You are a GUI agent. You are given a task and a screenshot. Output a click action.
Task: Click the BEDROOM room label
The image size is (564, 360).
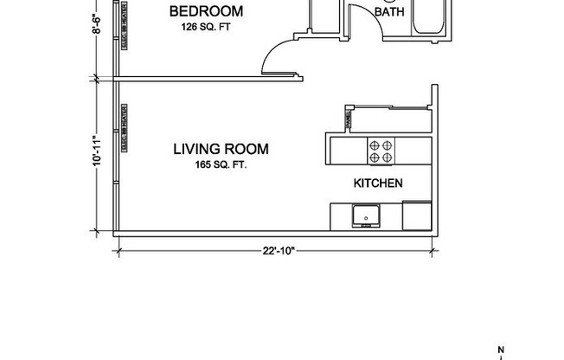[x=206, y=11]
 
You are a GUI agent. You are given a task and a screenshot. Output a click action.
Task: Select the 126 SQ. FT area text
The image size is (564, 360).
[x=206, y=26]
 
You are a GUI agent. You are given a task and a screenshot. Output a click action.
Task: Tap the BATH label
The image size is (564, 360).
[x=388, y=12]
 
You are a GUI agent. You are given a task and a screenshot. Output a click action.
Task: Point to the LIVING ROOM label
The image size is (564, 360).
[x=221, y=149]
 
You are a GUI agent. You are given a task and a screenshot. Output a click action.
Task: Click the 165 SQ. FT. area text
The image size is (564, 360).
[x=221, y=164]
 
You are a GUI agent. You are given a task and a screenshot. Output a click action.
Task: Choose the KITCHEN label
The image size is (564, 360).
[x=378, y=183]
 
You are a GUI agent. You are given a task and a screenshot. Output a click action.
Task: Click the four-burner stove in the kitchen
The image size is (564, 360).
[x=381, y=152]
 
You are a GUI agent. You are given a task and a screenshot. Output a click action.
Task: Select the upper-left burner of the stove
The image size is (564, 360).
[x=375, y=145]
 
